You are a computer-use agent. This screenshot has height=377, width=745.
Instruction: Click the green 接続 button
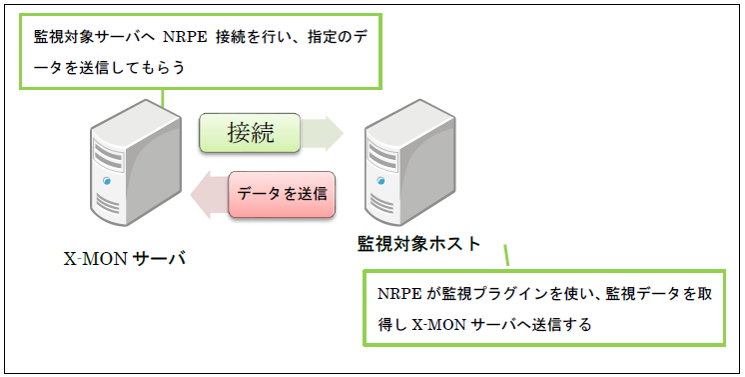[x=250, y=132]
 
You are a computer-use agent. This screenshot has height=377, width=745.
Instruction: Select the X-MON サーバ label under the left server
[x=126, y=259]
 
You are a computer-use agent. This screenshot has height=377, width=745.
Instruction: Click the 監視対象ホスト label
[x=418, y=243]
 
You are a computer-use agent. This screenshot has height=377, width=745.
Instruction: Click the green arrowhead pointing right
[x=329, y=132]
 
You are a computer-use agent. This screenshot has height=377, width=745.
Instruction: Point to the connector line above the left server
[x=163, y=96]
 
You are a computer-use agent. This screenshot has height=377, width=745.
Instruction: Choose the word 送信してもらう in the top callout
[x=130, y=68]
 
